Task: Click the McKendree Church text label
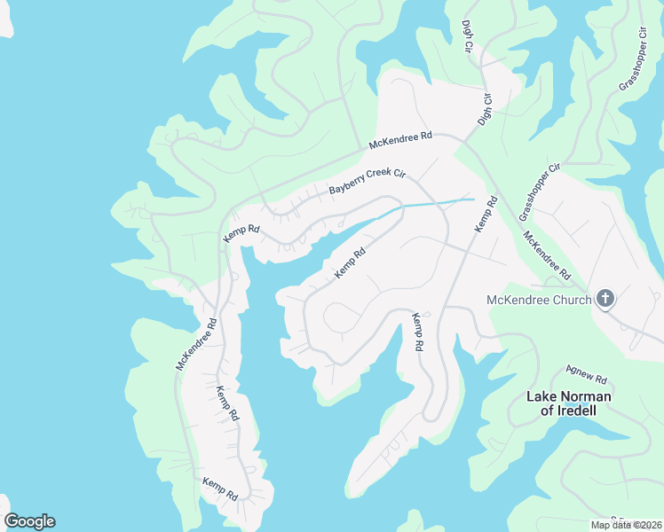[x=539, y=300]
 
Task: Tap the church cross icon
[x=605, y=298]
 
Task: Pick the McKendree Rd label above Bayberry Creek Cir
[x=400, y=140]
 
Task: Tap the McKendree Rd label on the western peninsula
[x=196, y=344]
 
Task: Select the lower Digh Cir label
[x=485, y=107]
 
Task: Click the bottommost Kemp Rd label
[x=219, y=489]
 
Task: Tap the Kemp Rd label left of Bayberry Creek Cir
[x=241, y=232]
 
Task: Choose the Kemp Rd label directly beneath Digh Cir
[x=486, y=215]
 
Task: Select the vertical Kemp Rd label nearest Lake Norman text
[x=417, y=332]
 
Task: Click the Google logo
[x=29, y=520]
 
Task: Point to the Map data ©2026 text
[x=625, y=525]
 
